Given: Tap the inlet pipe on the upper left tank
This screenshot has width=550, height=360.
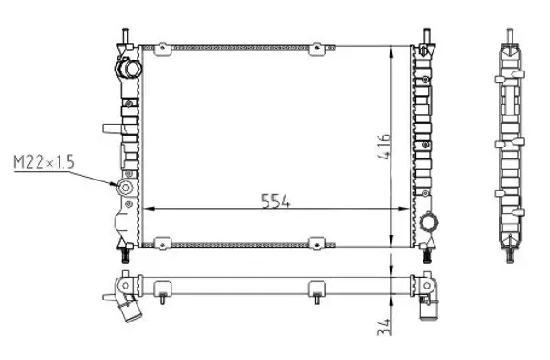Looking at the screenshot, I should point(126,69).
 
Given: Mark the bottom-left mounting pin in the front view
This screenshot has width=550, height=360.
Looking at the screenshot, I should point(122,254).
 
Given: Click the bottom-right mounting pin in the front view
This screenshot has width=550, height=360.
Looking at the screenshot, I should point(428,254).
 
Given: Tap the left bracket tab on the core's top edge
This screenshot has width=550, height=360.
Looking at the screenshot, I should point(162,45).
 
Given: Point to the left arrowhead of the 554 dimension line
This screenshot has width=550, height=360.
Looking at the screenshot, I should point(152,208).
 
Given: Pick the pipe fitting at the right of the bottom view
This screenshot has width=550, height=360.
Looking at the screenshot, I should point(428,302).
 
